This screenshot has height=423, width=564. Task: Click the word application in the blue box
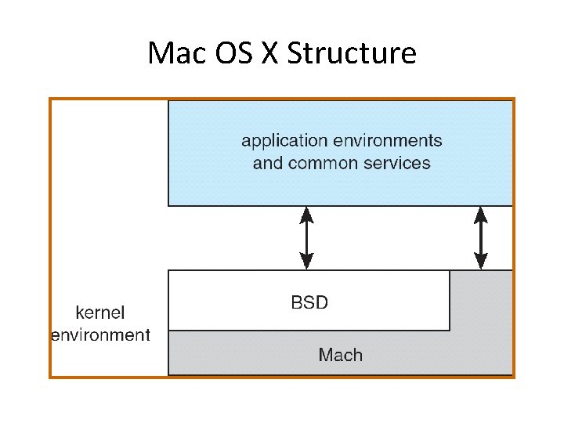click(284, 142)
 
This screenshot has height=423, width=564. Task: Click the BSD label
click(309, 302)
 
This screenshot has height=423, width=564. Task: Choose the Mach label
click(341, 355)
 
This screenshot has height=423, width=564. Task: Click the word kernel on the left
click(99, 313)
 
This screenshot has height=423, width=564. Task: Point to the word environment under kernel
click(100, 335)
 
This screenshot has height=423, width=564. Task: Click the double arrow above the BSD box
click(307, 238)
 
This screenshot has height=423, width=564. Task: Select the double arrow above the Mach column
click(481, 238)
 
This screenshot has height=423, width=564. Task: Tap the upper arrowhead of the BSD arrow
click(307, 213)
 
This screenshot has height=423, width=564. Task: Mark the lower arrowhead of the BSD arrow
click(307, 262)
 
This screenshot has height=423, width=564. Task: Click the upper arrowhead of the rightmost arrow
click(481, 213)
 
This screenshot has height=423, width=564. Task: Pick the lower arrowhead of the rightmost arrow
click(481, 262)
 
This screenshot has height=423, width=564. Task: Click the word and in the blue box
click(266, 164)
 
